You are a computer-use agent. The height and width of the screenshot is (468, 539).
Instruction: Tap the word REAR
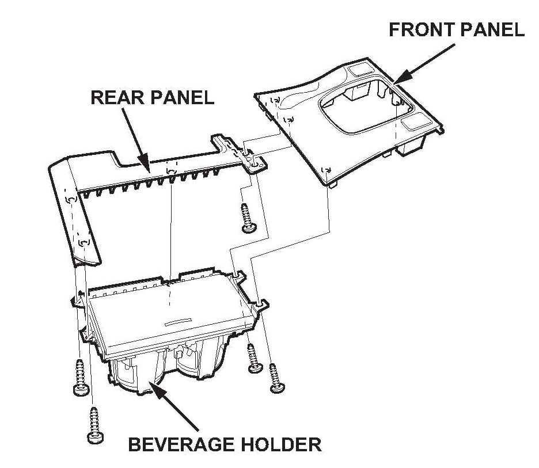[x=116, y=97]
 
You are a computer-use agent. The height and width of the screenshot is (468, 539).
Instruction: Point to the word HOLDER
[x=282, y=444]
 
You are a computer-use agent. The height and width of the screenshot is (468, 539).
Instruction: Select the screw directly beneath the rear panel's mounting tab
[x=247, y=218]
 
